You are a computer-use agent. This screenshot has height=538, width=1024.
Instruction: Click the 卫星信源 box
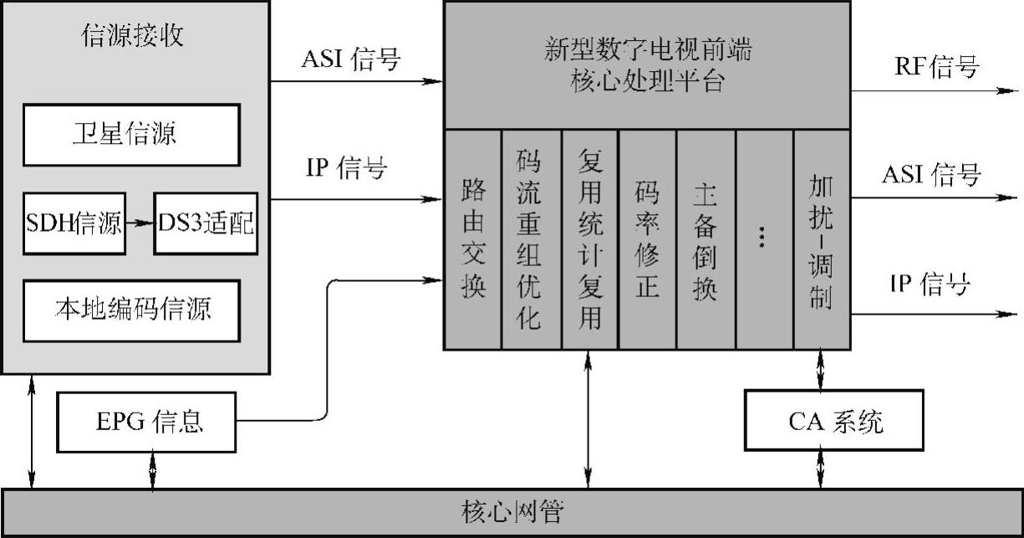[x=131, y=134]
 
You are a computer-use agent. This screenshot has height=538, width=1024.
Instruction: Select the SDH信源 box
[x=74, y=223]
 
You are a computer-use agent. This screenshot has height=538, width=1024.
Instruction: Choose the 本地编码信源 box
[x=131, y=310]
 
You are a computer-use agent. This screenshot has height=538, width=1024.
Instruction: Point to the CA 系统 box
[x=834, y=421]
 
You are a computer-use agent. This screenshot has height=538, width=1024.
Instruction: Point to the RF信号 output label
[x=936, y=67]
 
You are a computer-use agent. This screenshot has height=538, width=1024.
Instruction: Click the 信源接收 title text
[x=134, y=36]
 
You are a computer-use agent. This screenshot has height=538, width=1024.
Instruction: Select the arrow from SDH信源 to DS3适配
[x=139, y=223]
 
